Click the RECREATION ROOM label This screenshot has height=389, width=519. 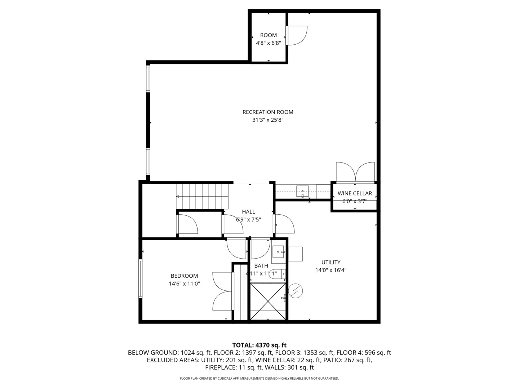tap(268, 112)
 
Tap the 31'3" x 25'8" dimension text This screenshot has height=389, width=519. tap(268, 120)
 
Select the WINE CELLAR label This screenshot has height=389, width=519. tap(355, 193)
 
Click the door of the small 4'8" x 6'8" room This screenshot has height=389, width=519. tap(296, 35)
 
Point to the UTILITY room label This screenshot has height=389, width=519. tap(331, 262)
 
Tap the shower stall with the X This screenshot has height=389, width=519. tap(268, 301)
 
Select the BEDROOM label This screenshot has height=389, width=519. tap(184, 276)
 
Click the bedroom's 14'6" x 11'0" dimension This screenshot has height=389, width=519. tap(184, 283)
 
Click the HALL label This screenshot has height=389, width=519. tap(248, 212)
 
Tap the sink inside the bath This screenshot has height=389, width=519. tap(278, 252)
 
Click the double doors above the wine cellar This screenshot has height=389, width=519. tap(355, 172)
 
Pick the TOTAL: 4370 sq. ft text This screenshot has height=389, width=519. tap(259, 345)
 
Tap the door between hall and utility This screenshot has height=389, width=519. tap(284, 224)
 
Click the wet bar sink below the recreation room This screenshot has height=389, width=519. tap(302, 191)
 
